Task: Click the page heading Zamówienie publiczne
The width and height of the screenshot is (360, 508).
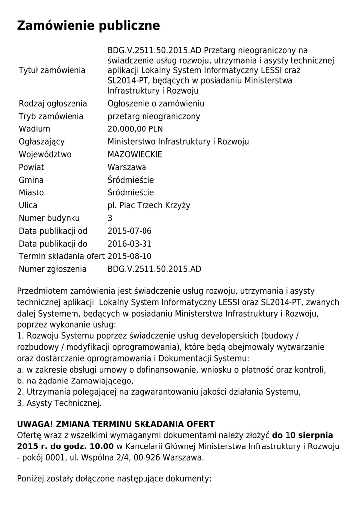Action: (89, 26)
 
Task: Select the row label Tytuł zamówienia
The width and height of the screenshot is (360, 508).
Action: (52, 70)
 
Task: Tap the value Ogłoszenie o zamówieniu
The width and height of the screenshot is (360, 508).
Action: (156, 104)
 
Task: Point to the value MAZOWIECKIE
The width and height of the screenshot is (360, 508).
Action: (135, 154)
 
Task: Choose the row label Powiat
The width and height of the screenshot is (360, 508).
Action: (32, 167)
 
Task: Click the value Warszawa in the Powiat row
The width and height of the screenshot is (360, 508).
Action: (127, 167)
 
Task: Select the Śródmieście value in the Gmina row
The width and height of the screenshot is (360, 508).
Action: (131, 180)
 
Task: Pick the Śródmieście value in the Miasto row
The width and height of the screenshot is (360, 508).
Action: (131, 192)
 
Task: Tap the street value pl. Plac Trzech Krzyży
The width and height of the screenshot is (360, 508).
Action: (149, 205)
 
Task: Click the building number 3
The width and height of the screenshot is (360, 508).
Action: (110, 218)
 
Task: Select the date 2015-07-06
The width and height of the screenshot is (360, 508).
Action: (130, 231)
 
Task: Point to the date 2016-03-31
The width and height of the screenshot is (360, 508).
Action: (130, 244)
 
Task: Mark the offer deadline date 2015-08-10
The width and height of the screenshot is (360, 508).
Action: (130, 256)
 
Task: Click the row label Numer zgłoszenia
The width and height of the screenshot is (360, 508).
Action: (53, 269)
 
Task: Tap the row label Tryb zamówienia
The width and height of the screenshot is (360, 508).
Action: (51, 116)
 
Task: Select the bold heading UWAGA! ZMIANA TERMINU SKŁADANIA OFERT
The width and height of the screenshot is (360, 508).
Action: (116, 424)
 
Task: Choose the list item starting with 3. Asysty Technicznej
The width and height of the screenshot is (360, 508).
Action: (59, 403)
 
